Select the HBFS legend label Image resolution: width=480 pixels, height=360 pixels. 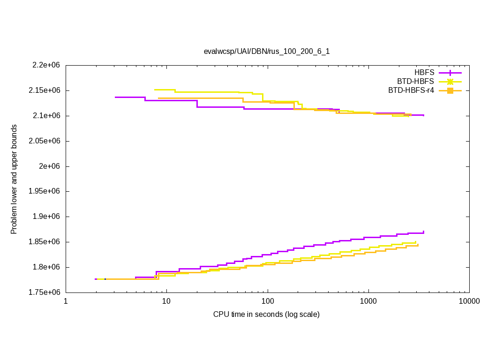point(424,73)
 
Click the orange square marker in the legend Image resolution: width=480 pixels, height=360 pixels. point(450,90)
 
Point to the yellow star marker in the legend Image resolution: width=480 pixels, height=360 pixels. point(450,82)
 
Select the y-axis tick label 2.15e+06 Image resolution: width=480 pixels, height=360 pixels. point(46,90)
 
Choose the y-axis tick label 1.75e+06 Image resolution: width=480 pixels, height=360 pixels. point(46,292)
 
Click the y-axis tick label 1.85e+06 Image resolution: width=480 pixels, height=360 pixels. point(46,242)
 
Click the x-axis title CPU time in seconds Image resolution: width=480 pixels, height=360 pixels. point(266,314)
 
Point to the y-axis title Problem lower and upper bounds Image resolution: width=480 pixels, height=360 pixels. point(14,179)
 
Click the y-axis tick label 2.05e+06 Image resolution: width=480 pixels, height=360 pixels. point(46,141)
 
